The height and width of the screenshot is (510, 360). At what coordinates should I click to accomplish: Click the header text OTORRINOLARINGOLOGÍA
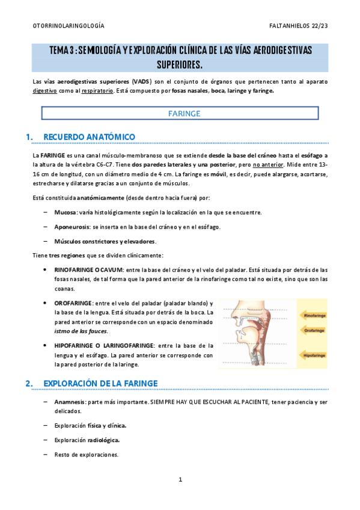point(68,26)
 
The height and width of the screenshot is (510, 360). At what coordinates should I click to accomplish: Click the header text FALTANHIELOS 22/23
point(299,26)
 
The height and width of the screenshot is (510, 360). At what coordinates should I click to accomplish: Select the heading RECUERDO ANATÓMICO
point(90,137)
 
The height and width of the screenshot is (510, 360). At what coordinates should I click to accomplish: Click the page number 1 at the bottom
point(180,479)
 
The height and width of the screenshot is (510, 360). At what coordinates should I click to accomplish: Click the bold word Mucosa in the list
point(65,212)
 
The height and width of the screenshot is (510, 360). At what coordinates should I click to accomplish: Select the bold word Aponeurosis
point(72,227)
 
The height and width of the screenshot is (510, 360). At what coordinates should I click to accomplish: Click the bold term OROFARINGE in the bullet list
point(73,303)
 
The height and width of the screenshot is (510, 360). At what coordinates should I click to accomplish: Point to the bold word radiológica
point(103,440)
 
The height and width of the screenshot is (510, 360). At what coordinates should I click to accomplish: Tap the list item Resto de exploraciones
point(86,455)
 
